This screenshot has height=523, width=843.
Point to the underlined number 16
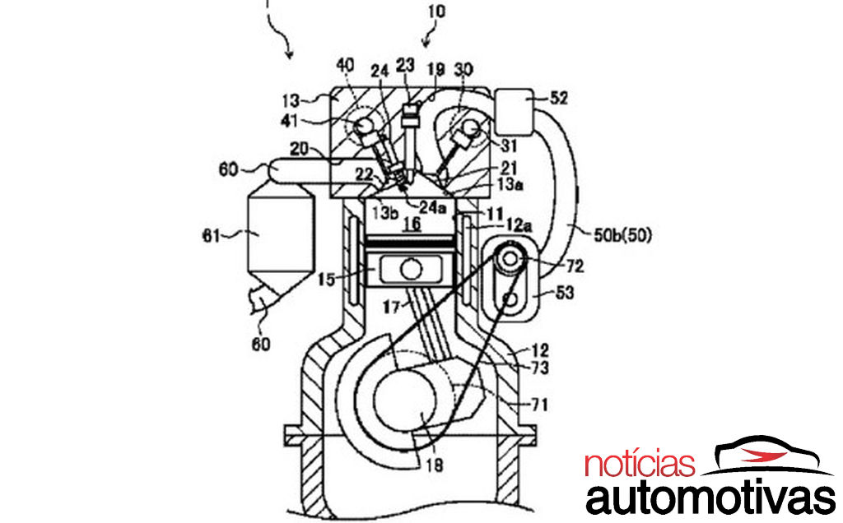pyautogui.click(x=412, y=222)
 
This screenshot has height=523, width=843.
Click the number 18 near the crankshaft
pyautogui.click(x=435, y=465)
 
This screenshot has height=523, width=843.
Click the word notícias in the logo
pyautogui.click(x=640, y=464)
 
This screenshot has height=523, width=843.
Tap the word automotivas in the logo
pyautogui.click(x=710, y=498)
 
